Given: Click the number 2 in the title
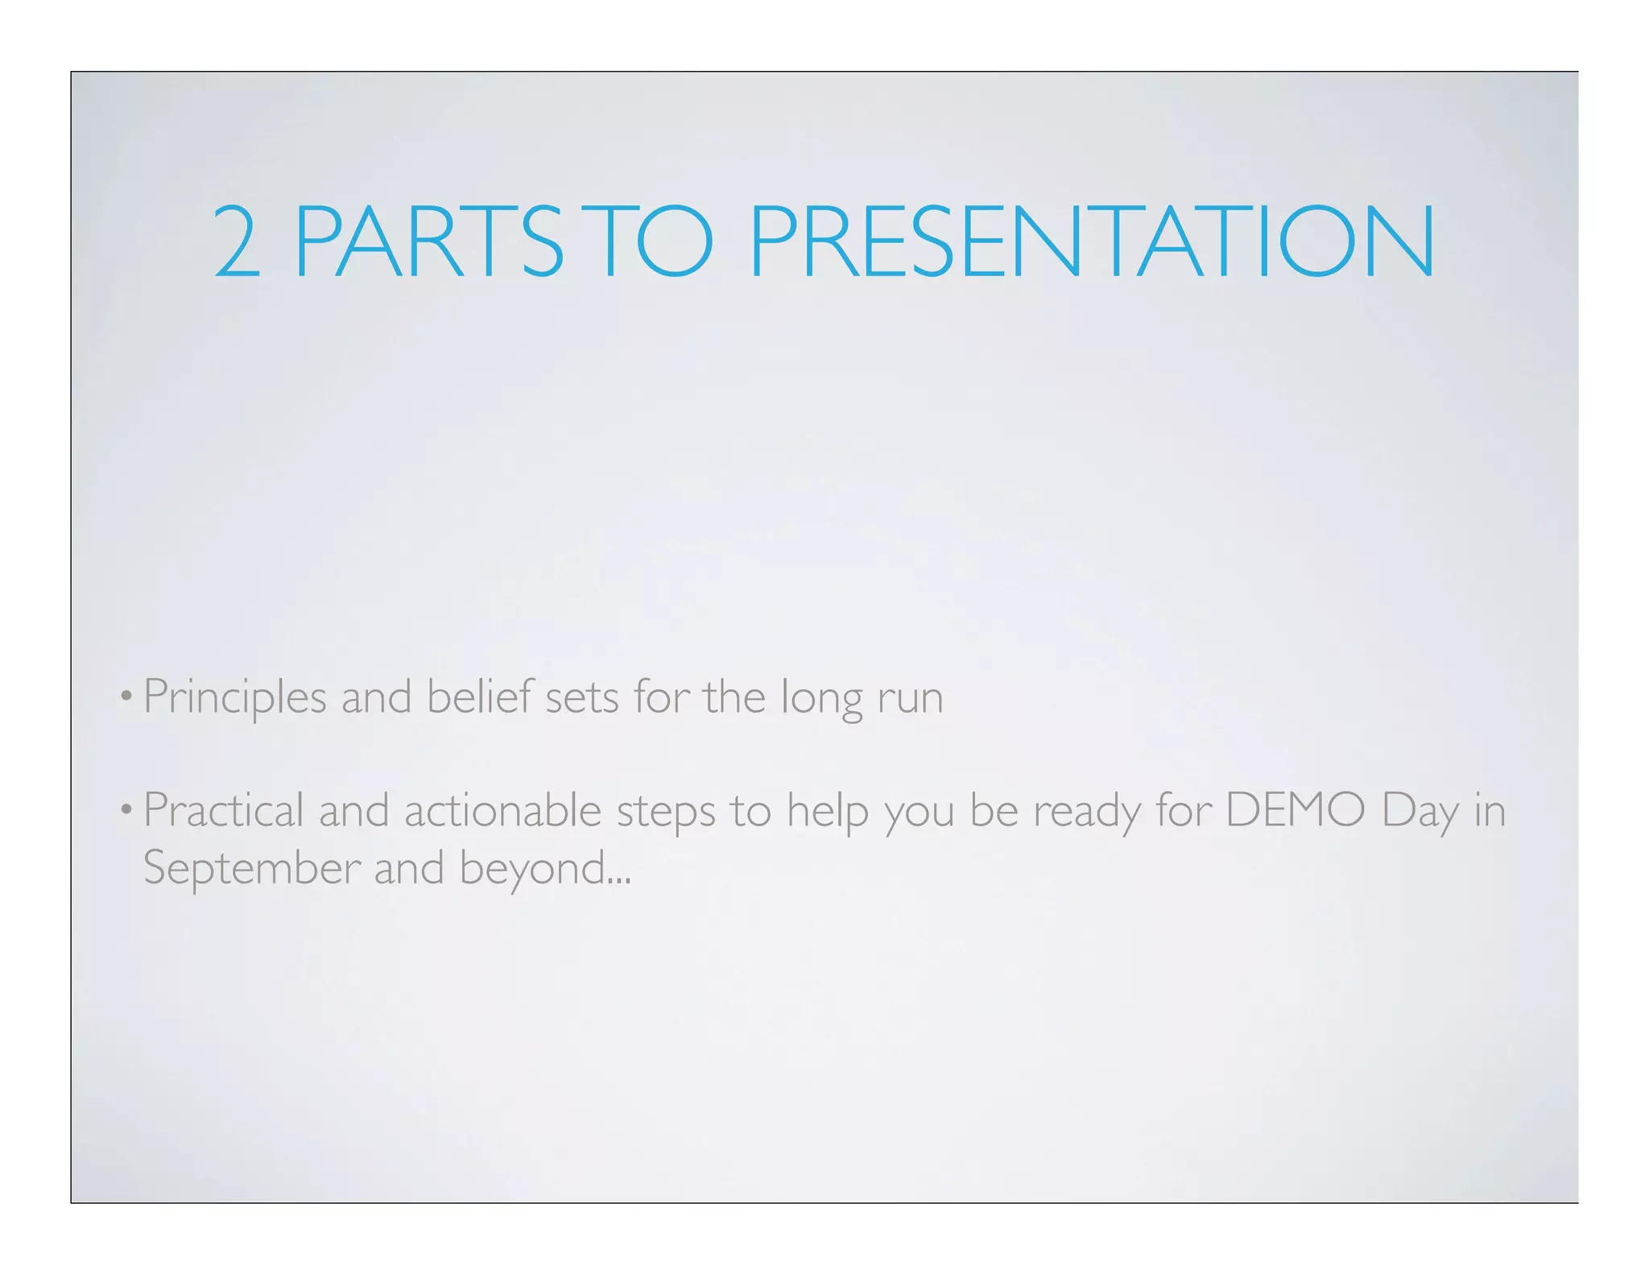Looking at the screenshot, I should (x=238, y=242).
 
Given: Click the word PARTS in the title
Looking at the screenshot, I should (x=429, y=242).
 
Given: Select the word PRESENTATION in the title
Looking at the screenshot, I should (x=1091, y=242).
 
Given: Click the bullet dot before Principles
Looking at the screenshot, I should (x=126, y=697).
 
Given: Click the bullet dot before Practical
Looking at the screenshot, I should (x=126, y=809).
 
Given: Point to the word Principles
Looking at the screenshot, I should (x=234, y=697).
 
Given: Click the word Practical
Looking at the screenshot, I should (x=223, y=810).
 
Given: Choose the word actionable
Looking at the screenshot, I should (x=502, y=810).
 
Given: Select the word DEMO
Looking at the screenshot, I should (x=1295, y=810).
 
